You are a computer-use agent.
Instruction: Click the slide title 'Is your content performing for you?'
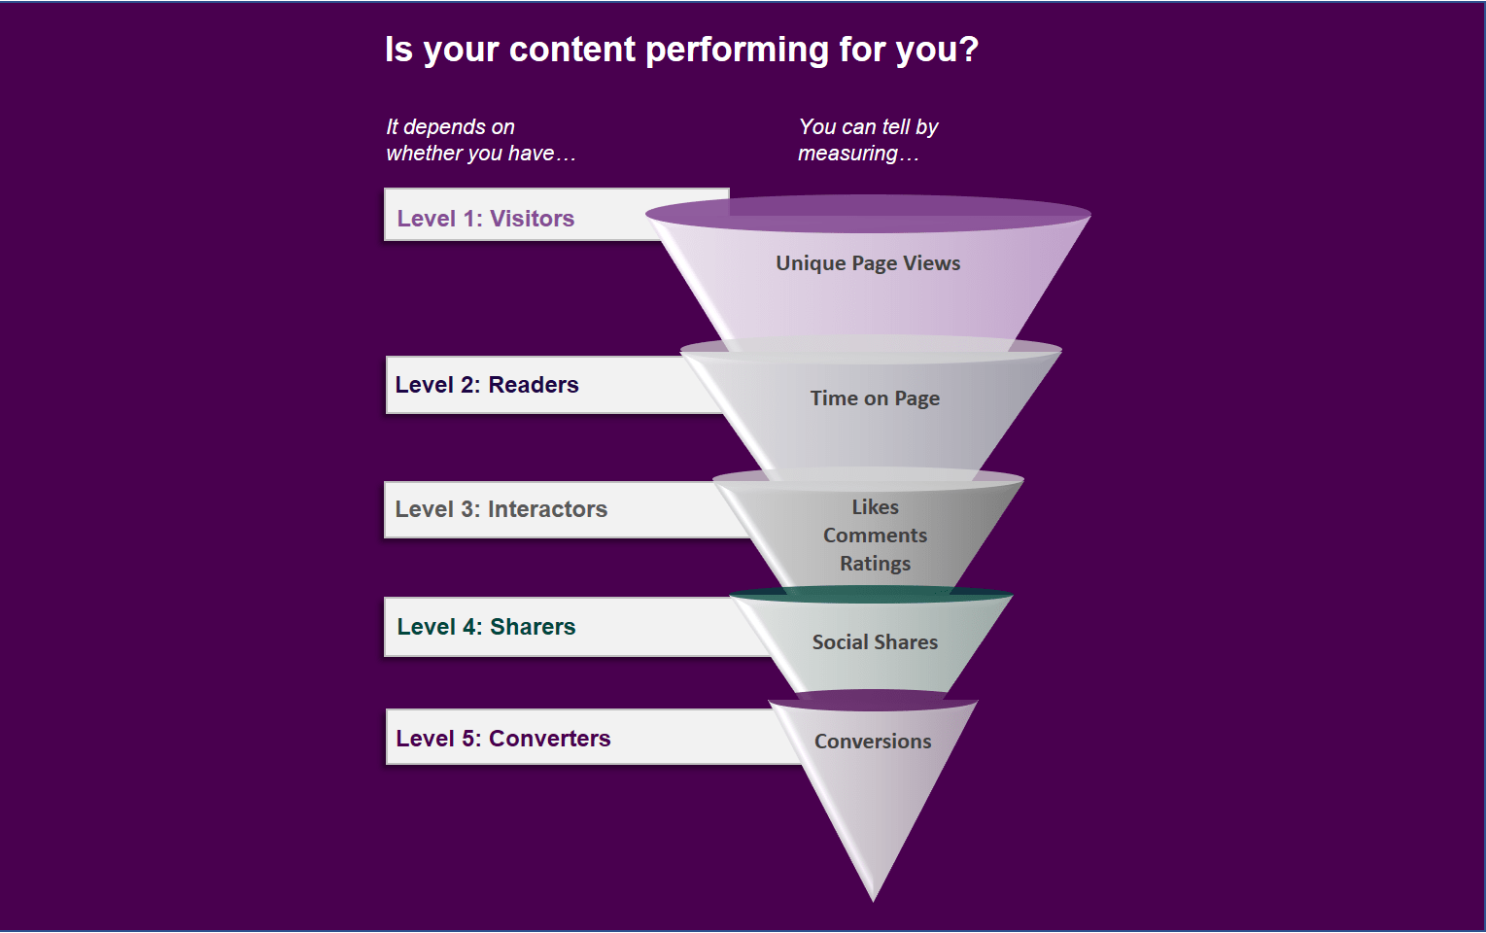681,50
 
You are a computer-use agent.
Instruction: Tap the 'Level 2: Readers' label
487,385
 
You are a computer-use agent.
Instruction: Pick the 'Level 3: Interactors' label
501,509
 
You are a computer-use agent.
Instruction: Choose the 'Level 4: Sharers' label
486,627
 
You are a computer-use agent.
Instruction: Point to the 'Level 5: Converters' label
502,739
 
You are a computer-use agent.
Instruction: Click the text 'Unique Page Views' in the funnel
868,263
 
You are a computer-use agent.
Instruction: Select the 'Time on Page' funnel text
875,398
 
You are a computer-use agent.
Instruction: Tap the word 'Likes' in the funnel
875,507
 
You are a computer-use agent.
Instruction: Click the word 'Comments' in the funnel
875,536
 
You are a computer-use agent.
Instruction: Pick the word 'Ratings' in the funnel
875,564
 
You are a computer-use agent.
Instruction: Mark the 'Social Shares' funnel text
875,642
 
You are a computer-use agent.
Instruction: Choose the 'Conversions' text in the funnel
873,742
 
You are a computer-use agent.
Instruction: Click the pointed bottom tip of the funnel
873,896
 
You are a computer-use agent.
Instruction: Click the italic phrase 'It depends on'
450,127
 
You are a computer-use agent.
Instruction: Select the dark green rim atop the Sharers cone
871,595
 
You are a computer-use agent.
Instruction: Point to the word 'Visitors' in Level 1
532,219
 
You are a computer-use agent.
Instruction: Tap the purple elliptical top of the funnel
868,213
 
